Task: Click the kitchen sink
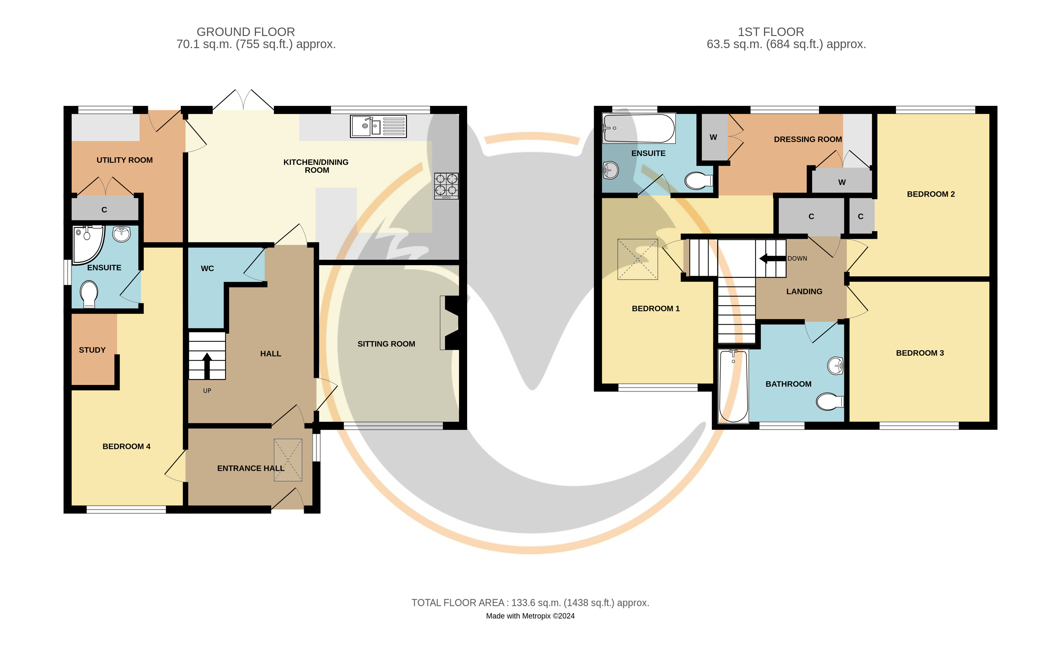pyautogui.click(x=378, y=126)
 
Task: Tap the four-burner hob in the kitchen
pyautogui.click(x=446, y=186)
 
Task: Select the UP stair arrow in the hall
pyautogui.click(x=207, y=366)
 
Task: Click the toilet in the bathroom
pyautogui.click(x=830, y=401)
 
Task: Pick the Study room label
pyautogui.click(x=92, y=350)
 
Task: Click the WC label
pyautogui.click(x=207, y=268)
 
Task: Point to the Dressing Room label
pyautogui.click(x=808, y=139)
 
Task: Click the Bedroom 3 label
pyautogui.click(x=920, y=353)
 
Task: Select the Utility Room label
pyautogui.click(x=125, y=160)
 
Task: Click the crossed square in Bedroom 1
pyautogui.click(x=637, y=259)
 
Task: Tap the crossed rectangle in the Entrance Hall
pyautogui.click(x=288, y=460)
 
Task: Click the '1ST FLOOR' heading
pyautogui.click(x=771, y=32)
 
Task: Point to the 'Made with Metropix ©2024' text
pyautogui.click(x=530, y=616)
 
